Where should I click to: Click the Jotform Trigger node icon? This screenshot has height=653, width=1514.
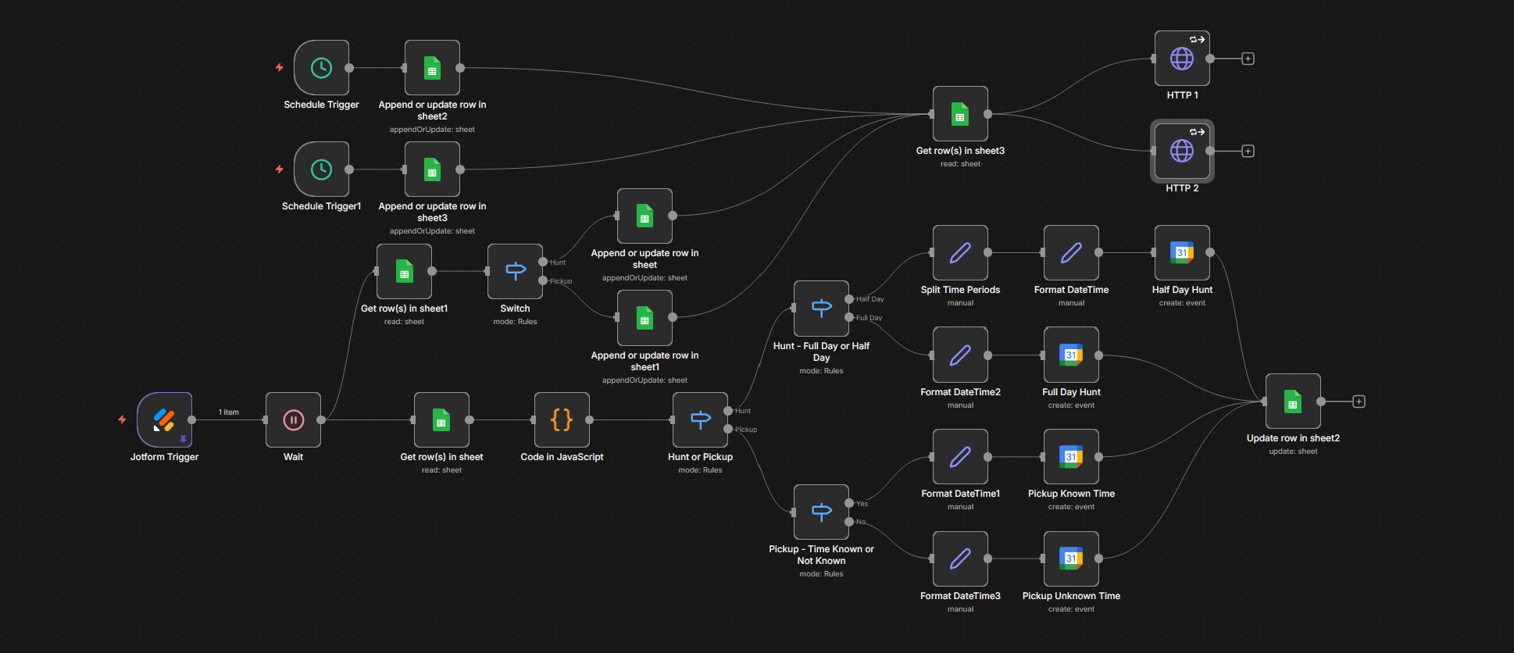[x=164, y=420]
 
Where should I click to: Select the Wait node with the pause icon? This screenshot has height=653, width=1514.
[x=293, y=420]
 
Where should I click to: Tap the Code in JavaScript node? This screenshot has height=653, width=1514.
[x=562, y=420]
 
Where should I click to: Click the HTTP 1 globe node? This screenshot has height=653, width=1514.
[x=1182, y=59]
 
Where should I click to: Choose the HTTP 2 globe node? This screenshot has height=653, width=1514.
[x=1182, y=151]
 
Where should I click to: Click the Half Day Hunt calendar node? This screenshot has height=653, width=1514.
[x=1182, y=253]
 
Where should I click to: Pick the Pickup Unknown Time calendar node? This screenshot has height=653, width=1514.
[x=1071, y=558]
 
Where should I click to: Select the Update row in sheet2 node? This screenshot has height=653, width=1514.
[x=1293, y=401]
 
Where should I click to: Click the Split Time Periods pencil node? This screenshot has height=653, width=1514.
[x=960, y=253]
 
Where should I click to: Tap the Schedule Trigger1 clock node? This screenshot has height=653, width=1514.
[x=321, y=169]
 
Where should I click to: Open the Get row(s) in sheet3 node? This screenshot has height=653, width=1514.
[x=960, y=114]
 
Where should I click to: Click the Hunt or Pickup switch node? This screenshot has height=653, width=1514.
[x=700, y=420]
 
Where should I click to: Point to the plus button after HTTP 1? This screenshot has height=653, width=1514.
[x=1248, y=59]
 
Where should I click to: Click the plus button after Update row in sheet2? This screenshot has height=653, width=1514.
[x=1359, y=401]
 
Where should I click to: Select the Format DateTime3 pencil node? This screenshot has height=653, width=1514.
[x=960, y=558]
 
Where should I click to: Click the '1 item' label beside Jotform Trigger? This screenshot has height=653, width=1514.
[x=229, y=412]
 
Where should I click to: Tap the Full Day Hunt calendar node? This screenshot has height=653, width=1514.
[x=1071, y=355]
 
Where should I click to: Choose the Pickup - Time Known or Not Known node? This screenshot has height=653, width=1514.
[x=821, y=512]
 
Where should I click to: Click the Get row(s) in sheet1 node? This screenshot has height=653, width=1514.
[x=404, y=272]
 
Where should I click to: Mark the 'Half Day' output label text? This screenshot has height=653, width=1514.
[x=870, y=299]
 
